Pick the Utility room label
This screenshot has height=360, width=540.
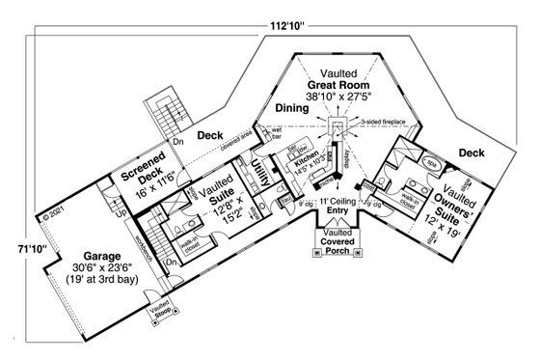258,178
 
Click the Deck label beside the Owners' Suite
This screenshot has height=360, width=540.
471,152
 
